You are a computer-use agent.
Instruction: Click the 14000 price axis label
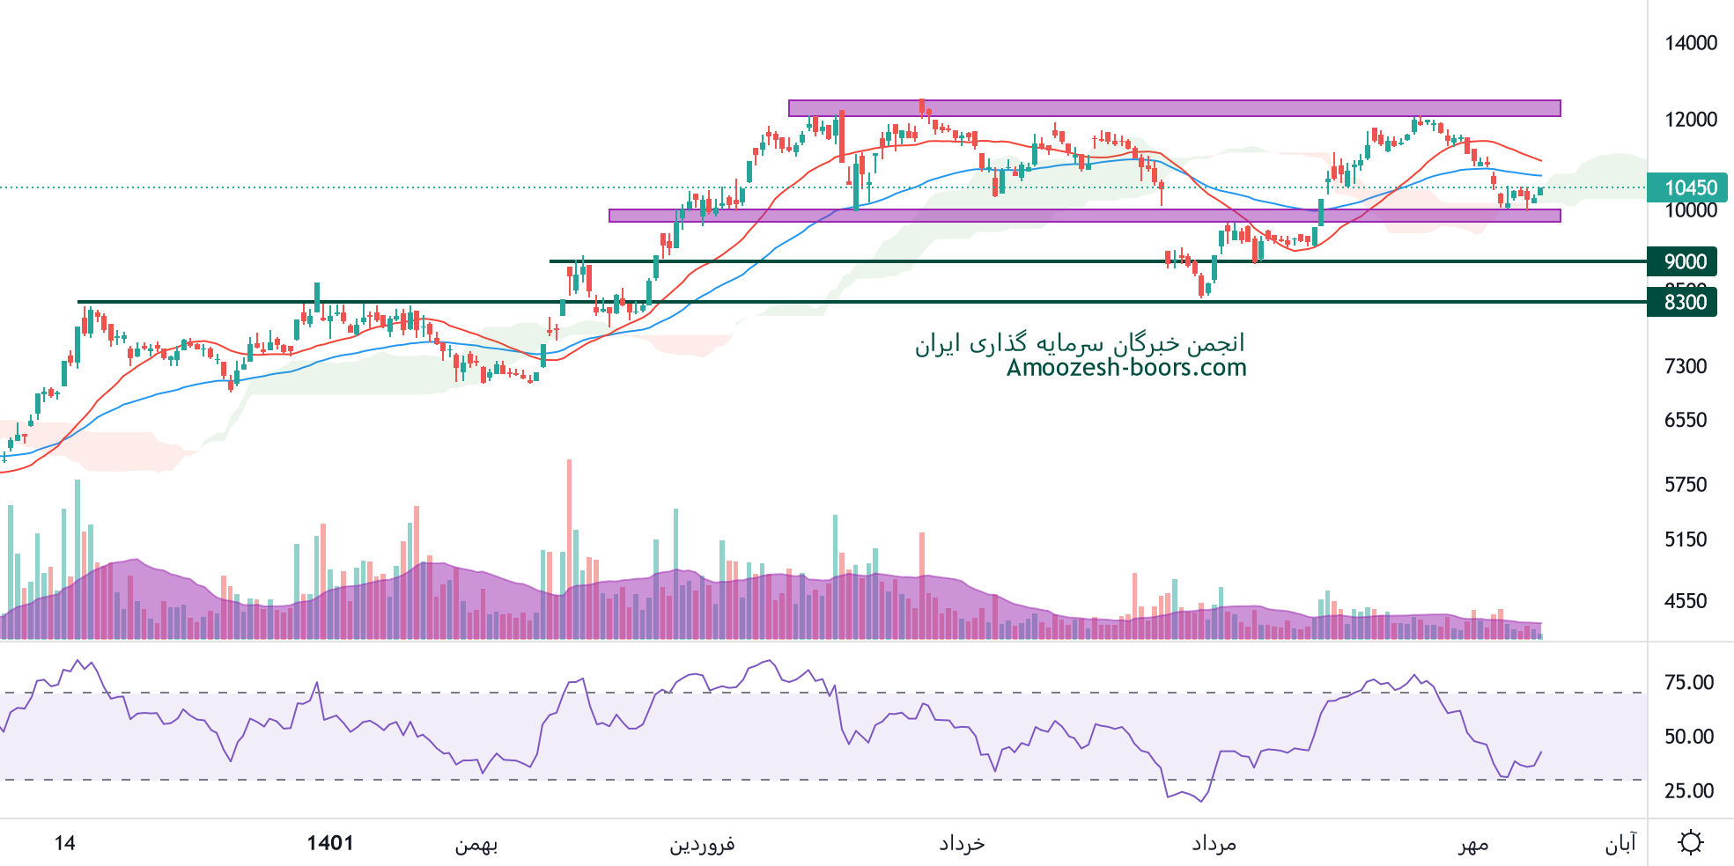[x=1690, y=43]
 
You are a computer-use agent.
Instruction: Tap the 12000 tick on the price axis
[x=1690, y=120]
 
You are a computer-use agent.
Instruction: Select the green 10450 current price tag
[x=1686, y=187]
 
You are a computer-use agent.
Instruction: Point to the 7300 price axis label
[x=1685, y=366]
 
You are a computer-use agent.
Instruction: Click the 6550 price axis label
[x=1685, y=420]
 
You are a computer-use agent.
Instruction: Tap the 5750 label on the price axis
[x=1685, y=484]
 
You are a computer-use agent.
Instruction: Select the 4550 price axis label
[x=1685, y=601]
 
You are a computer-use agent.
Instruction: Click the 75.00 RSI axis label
[x=1688, y=682]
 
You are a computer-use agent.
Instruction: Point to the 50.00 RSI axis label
[x=1688, y=737]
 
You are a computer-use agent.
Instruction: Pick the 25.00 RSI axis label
[x=1688, y=790]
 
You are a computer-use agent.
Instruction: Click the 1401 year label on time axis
[x=330, y=843]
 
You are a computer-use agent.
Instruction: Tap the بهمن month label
[x=476, y=845]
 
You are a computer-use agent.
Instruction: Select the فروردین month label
[x=702, y=845]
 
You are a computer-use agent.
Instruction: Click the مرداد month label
[x=1214, y=845]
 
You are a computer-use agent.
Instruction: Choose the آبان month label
[x=1620, y=845]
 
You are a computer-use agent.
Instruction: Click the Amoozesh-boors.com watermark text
[x=1126, y=368]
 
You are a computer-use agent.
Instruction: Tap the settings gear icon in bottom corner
[x=1690, y=842]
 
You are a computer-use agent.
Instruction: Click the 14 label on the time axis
[x=64, y=843]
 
